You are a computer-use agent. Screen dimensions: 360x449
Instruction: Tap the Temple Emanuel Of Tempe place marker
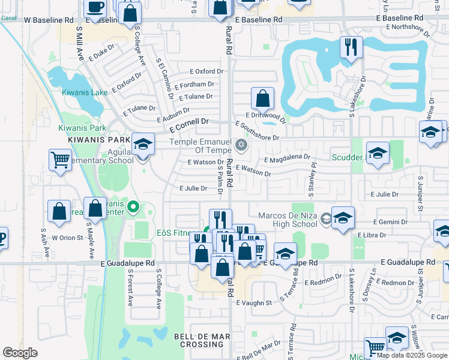click(241, 145)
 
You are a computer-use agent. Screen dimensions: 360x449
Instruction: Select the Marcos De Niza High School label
click(287, 220)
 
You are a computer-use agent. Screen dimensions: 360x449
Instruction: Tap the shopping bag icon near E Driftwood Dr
click(262, 98)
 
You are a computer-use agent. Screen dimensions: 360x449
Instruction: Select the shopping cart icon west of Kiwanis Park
click(60, 160)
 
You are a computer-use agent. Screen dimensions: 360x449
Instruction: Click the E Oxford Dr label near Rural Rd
click(206, 71)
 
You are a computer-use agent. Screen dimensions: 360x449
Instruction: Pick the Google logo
click(20, 353)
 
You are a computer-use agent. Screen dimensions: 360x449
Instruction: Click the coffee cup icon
click(95, 7)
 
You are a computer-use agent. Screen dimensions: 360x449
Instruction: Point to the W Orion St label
click(67, 238)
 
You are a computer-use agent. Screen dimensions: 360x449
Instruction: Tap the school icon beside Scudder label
click(378, 154)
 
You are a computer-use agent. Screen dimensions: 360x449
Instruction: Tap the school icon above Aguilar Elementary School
click(143, 143)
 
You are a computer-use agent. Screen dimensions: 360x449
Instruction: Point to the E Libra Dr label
click(373, 235)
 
